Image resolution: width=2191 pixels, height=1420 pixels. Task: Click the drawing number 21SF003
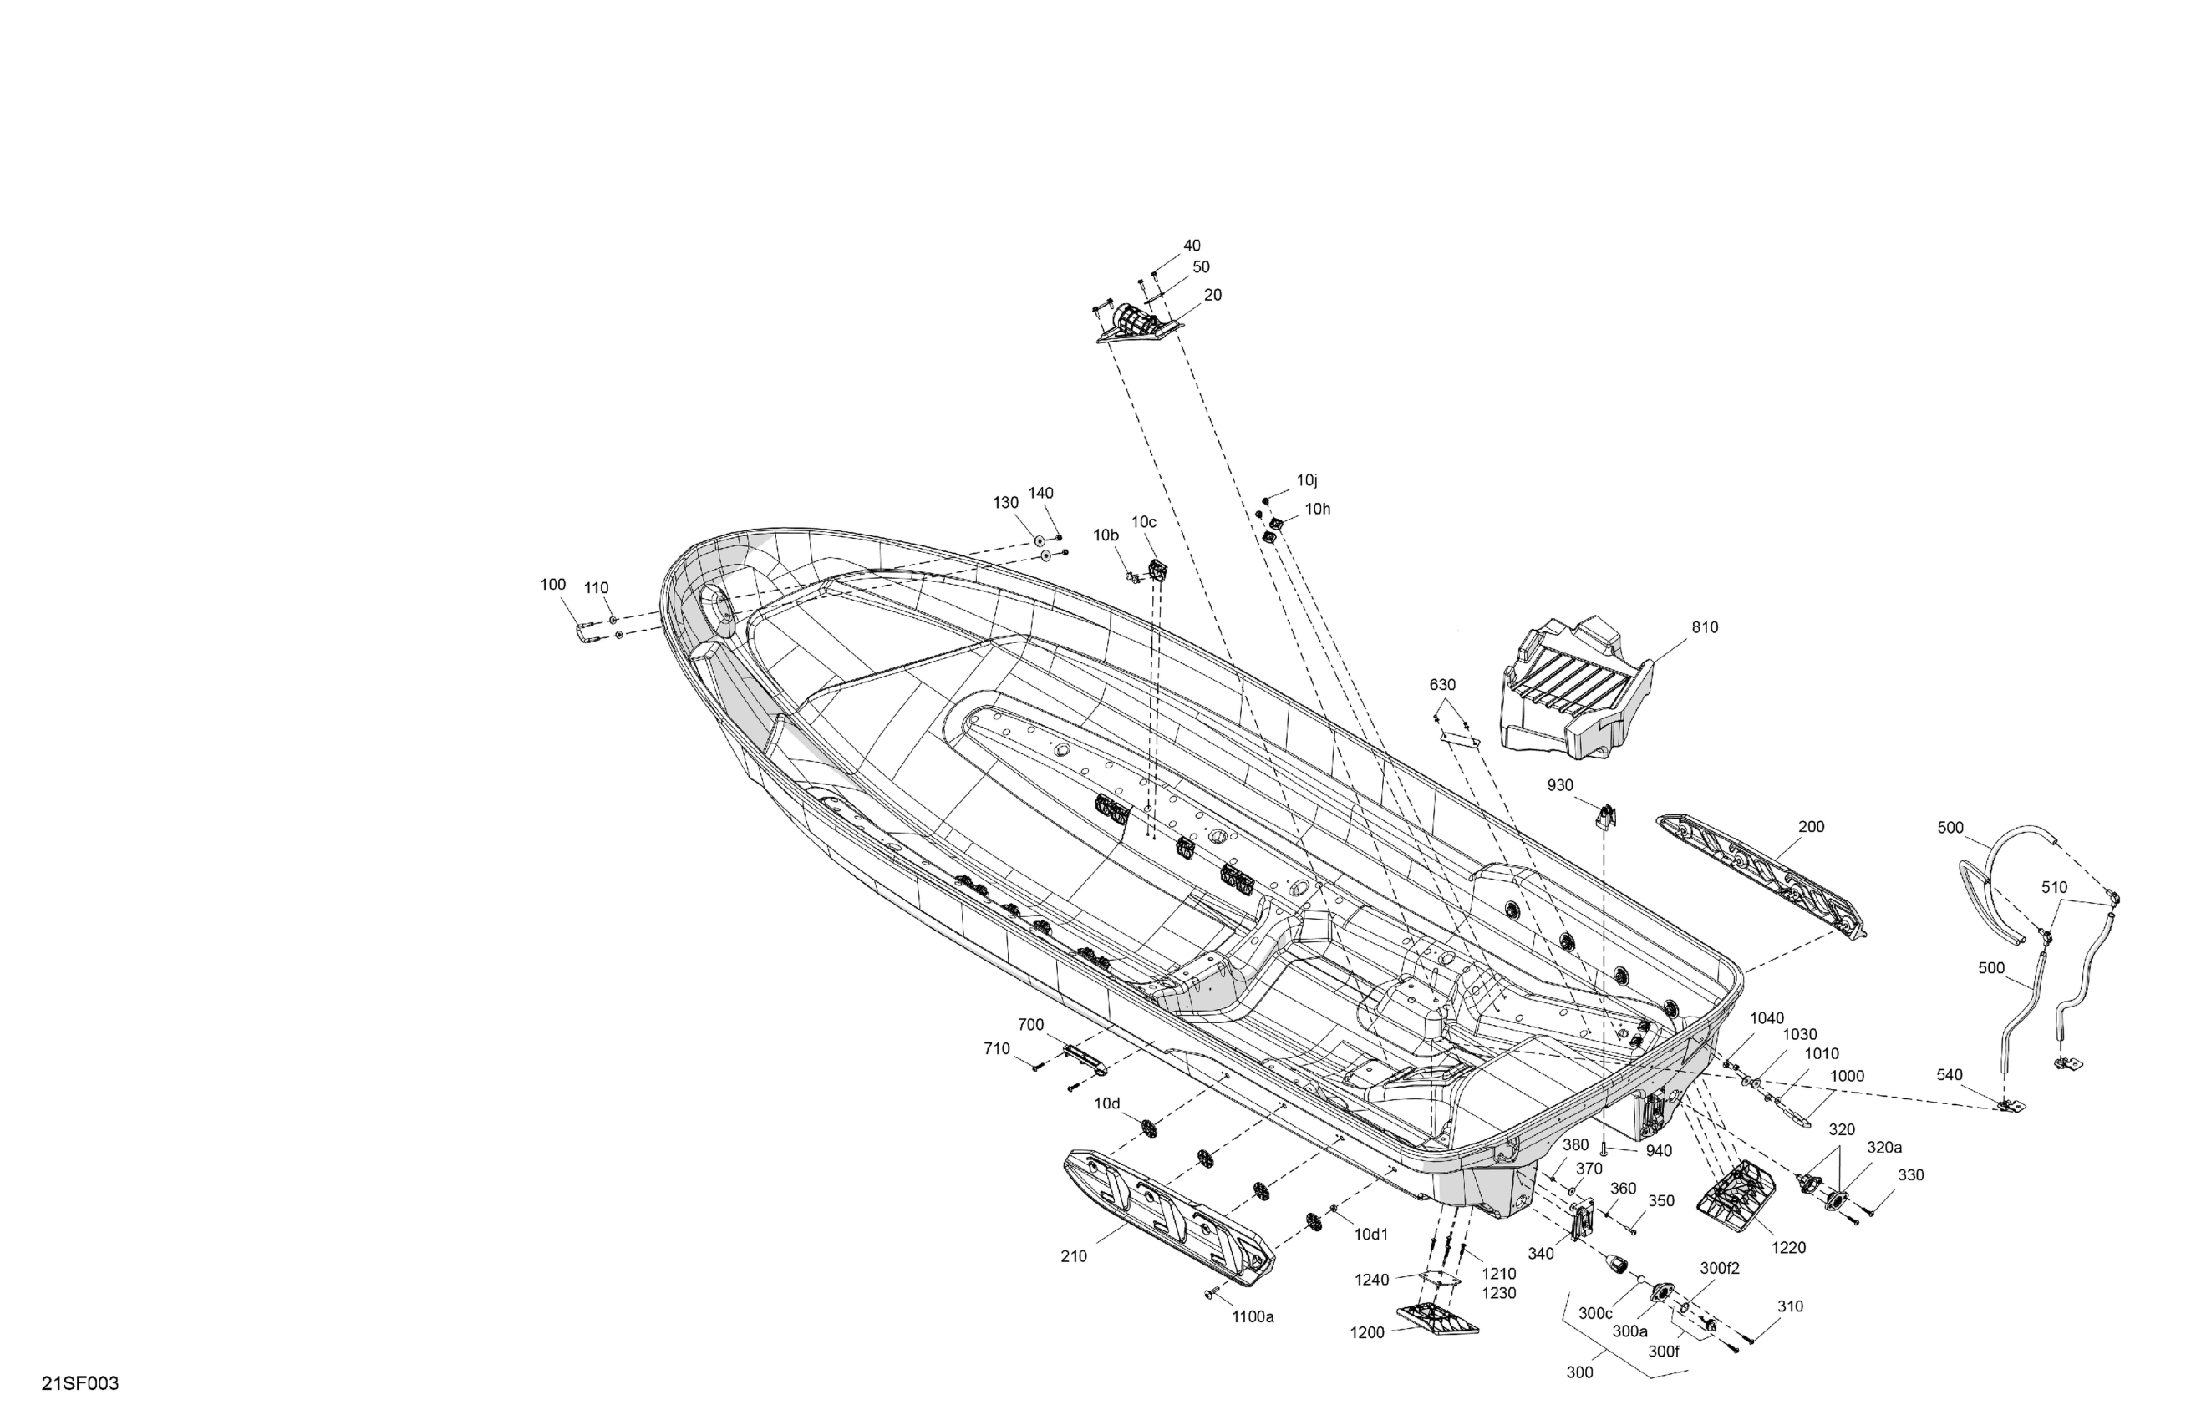pyautogui.click(x=80, y=1384)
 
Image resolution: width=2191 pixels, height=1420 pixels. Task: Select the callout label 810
pyautogui.click(x=1704, y=627)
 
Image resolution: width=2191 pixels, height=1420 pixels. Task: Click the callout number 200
pyautogui.click(x=1811, y=826)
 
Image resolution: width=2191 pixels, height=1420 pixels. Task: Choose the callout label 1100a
pyautogui.click(x=1253, y=1317)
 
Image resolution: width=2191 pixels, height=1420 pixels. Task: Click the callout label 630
pyautogui.click(x=1442, y=685)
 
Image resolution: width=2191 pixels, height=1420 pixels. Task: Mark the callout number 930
pyautogui.click(x=1559, y=785)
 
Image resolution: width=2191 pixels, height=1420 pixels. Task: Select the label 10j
pyautogui.click(x=1307, y=480)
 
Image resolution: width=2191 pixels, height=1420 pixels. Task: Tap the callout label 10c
pyautogui.click(x=1143, y=522)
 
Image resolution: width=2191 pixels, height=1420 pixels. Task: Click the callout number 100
pyautogui.click(x=552, y=585)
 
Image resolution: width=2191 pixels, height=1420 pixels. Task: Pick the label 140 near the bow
pyautogui.click(x=1040, y=494)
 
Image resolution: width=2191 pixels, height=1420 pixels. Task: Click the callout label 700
pyautogui.click(x=1031, y=1024)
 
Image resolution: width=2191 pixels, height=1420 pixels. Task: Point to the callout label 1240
pyautogui.click(x=1372, y=1281)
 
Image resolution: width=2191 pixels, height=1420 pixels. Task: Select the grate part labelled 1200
pyautogui.click(x=1436, y=1319)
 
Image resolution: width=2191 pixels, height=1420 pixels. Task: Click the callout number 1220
pyautogui.click(x=1789, y=1248)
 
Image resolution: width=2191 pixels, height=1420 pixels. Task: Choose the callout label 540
pyautogui.click(x=1949, y=1075)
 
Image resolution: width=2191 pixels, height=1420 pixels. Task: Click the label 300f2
pyautogui.click(x=1720, y=1268)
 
